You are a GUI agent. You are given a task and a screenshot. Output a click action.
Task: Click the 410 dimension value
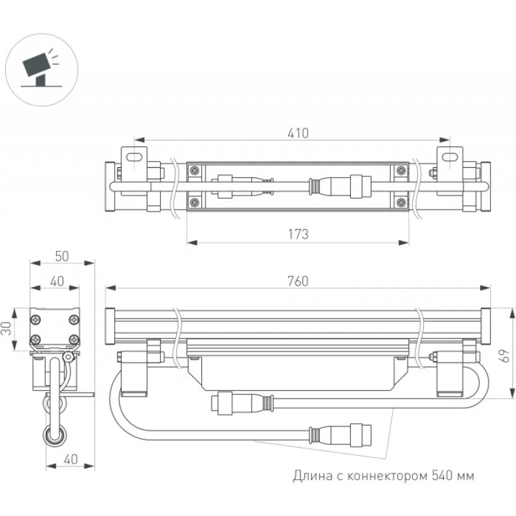(x=298, y=134)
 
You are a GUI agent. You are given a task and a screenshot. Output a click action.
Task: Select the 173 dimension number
(x=298, y=234)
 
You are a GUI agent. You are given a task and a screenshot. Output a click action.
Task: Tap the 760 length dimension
(x=298, y=281)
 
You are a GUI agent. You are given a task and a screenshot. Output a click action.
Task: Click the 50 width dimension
(x=62, y=255)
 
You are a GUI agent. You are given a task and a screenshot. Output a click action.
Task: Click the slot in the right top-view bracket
(x=449, y=155)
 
